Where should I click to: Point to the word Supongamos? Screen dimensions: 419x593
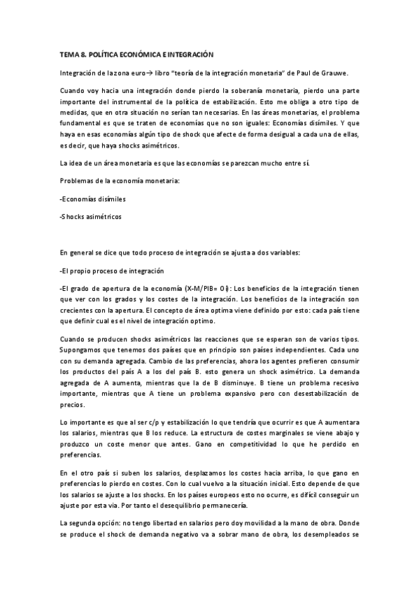click(83, 348)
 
